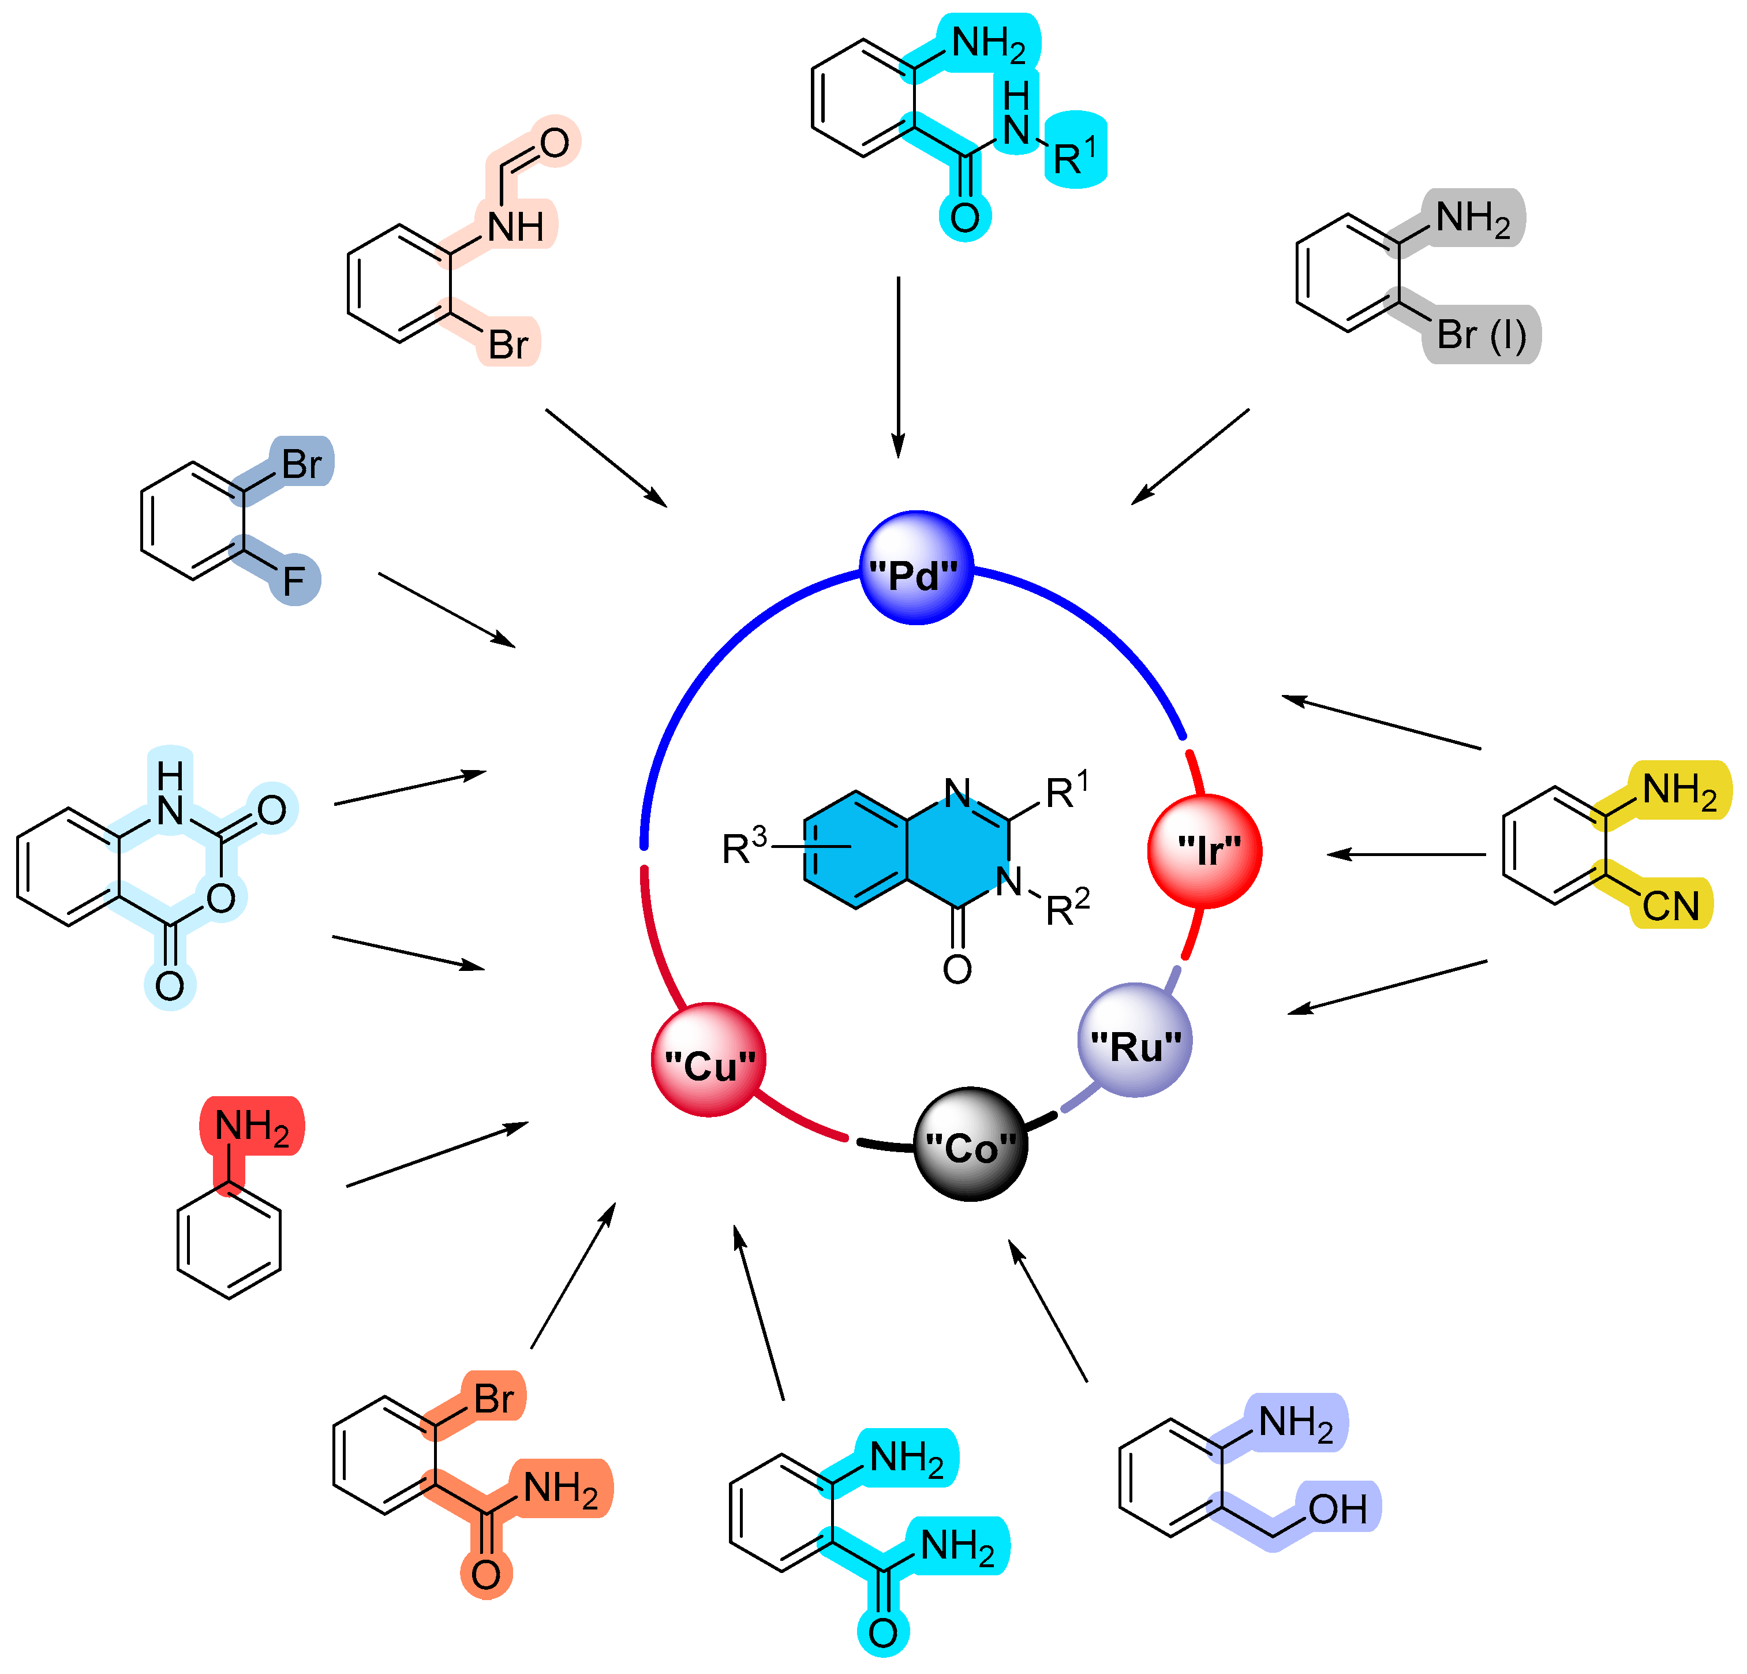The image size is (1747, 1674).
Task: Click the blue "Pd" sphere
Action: point(915,568)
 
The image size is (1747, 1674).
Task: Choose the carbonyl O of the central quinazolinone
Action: point(957,969)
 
